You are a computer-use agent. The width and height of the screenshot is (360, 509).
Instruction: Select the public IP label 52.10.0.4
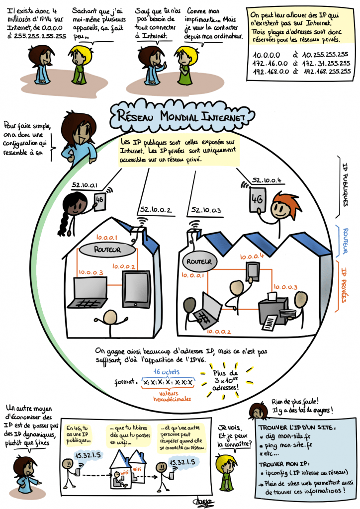click(267, 179)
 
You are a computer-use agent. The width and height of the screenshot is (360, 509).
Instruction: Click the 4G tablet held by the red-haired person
click(257, 200)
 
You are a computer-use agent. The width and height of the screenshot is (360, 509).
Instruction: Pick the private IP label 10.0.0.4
click(252, 256)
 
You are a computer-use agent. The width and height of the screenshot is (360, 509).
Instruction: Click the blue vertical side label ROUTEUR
click(345, 242)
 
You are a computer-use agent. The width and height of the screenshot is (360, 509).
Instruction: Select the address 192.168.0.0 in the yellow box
click(267, 71)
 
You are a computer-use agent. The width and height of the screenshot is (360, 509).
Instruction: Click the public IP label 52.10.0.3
click(205, 210)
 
